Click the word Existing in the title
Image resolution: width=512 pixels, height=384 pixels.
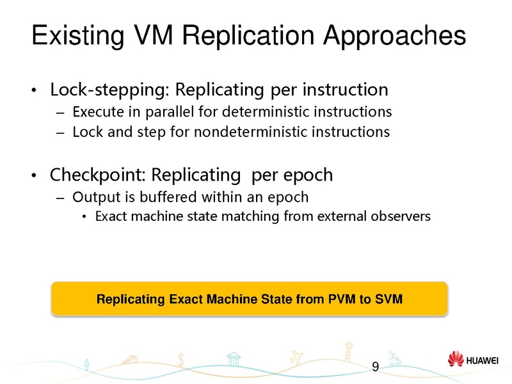coord(76,37)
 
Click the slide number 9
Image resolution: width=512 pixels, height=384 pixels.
coord(375,367)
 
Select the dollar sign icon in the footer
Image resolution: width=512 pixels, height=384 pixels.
coord(182,360)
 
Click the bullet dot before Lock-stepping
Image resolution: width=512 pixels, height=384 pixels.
coord(38,90)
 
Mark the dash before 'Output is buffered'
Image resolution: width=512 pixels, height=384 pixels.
coord(60,196)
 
